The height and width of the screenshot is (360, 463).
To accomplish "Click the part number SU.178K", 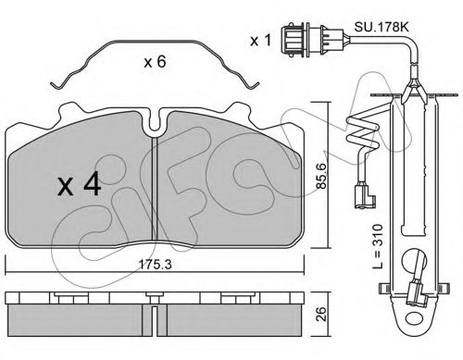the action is pos(382,27).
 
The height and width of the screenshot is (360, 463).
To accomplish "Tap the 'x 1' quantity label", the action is pos(261,41).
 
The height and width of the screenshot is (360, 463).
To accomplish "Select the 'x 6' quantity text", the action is pos(155,62).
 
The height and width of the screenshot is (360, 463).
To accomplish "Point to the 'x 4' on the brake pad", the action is pos(80,184).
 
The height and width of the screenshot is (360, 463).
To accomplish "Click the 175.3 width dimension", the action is pos(155,265).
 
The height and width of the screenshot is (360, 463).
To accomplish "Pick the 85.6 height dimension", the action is pos(321,176).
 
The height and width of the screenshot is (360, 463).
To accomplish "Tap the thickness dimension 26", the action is pos(321,314).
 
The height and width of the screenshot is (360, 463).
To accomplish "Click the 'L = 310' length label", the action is pos(377,246).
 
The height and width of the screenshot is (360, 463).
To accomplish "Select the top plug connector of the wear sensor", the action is pos(312,39).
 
